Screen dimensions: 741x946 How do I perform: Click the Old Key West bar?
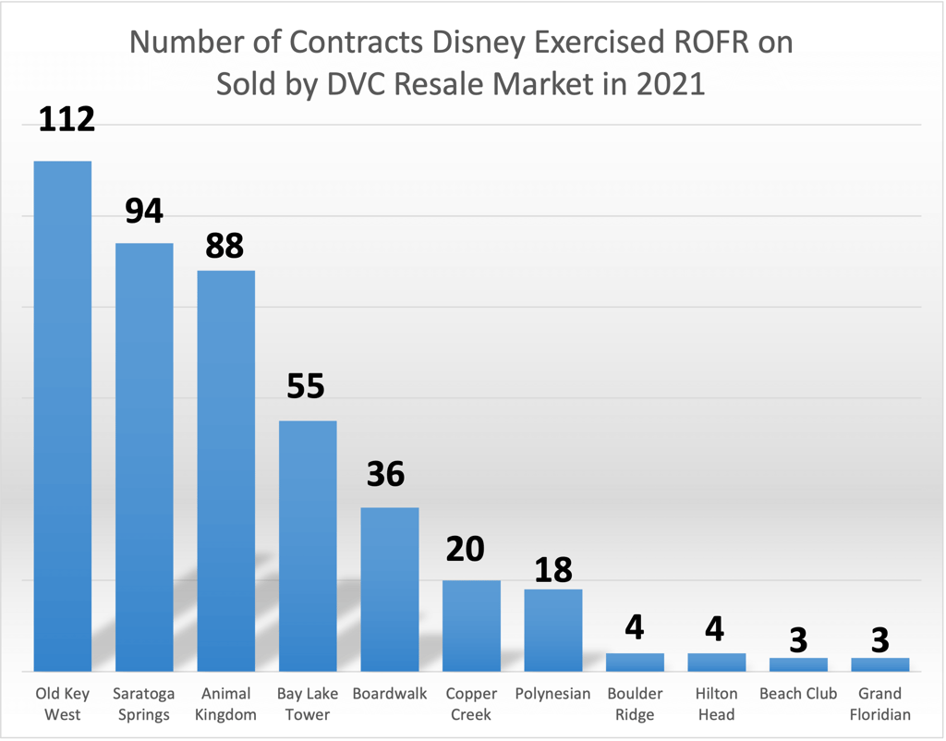click(x=63, y=416)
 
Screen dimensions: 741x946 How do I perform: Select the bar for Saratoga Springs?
click(x=144, y=457)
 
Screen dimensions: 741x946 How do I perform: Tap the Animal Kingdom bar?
click(x=226, y=471)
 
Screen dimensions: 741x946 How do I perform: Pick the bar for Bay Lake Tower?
click(x=308, y=545)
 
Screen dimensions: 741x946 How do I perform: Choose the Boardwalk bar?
click(x=389, y=589)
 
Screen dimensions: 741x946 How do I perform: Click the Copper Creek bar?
click(x=471, y=626)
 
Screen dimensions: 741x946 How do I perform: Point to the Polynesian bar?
click(x=552, y=630)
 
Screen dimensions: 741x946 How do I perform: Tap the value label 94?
click(x=144, y=211)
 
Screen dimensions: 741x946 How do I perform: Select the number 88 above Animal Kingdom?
click(x=224, y=246)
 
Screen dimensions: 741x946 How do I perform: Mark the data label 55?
click(x=306, y=386)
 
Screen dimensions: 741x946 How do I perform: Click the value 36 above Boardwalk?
click(x=385, y=474)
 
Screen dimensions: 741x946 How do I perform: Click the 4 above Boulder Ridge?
click(x=634, y=630)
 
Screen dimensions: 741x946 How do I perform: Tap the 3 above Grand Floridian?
click(x=879, y=639)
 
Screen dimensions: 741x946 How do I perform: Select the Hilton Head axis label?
click(x=716, y=703)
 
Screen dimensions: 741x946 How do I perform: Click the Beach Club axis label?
click(x=798, y=693)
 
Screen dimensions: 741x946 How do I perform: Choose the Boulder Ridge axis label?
click(x=635, y=703)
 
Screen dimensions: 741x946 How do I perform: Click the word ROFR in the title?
click(x=749, y=43)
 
